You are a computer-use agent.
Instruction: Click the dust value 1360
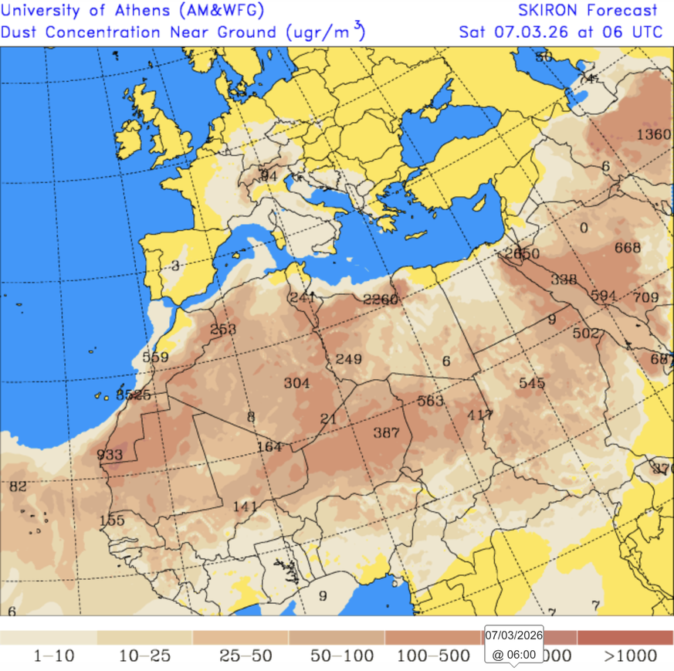coord(653,135)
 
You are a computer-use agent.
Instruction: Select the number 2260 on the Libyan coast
coord(381,300)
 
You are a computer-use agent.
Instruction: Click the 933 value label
coord(110,455)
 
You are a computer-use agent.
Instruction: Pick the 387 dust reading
coord(386,432)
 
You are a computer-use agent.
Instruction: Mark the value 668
coord(628,248)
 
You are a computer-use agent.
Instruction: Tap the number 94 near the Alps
coord(269,176)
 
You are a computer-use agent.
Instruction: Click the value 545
coord(532,383)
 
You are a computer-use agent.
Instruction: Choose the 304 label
coord(296,383)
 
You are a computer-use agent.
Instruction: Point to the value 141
coord(245,507)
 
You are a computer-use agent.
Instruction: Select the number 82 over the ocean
coord(17,486)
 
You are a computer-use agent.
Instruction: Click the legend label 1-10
coord(54,656)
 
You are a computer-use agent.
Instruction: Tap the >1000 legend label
coord(631,656)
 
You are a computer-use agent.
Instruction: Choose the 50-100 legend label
coord(342,656)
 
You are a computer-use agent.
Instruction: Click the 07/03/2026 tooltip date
coord(514,635)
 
